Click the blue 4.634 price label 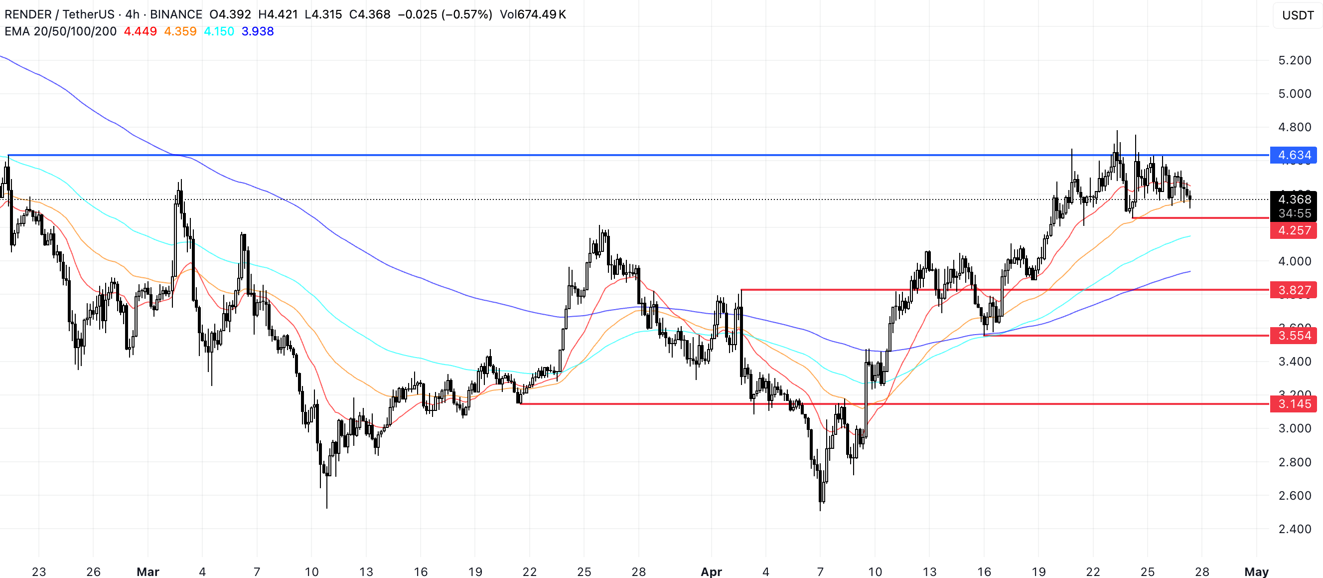1293,155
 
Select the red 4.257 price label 1293,230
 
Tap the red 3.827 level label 1293,290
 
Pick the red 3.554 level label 1293,336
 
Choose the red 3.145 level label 1293,404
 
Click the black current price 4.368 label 1293,199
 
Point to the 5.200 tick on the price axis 1294,60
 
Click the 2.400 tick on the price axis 1294,529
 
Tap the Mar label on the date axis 148,572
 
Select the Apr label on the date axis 711,572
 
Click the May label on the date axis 1256,572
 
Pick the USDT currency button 1297,15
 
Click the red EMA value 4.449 140,31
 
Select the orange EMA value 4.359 180,31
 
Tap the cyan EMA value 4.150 219,31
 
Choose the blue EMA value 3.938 257,31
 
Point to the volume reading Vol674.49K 533,14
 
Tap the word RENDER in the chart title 28,14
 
